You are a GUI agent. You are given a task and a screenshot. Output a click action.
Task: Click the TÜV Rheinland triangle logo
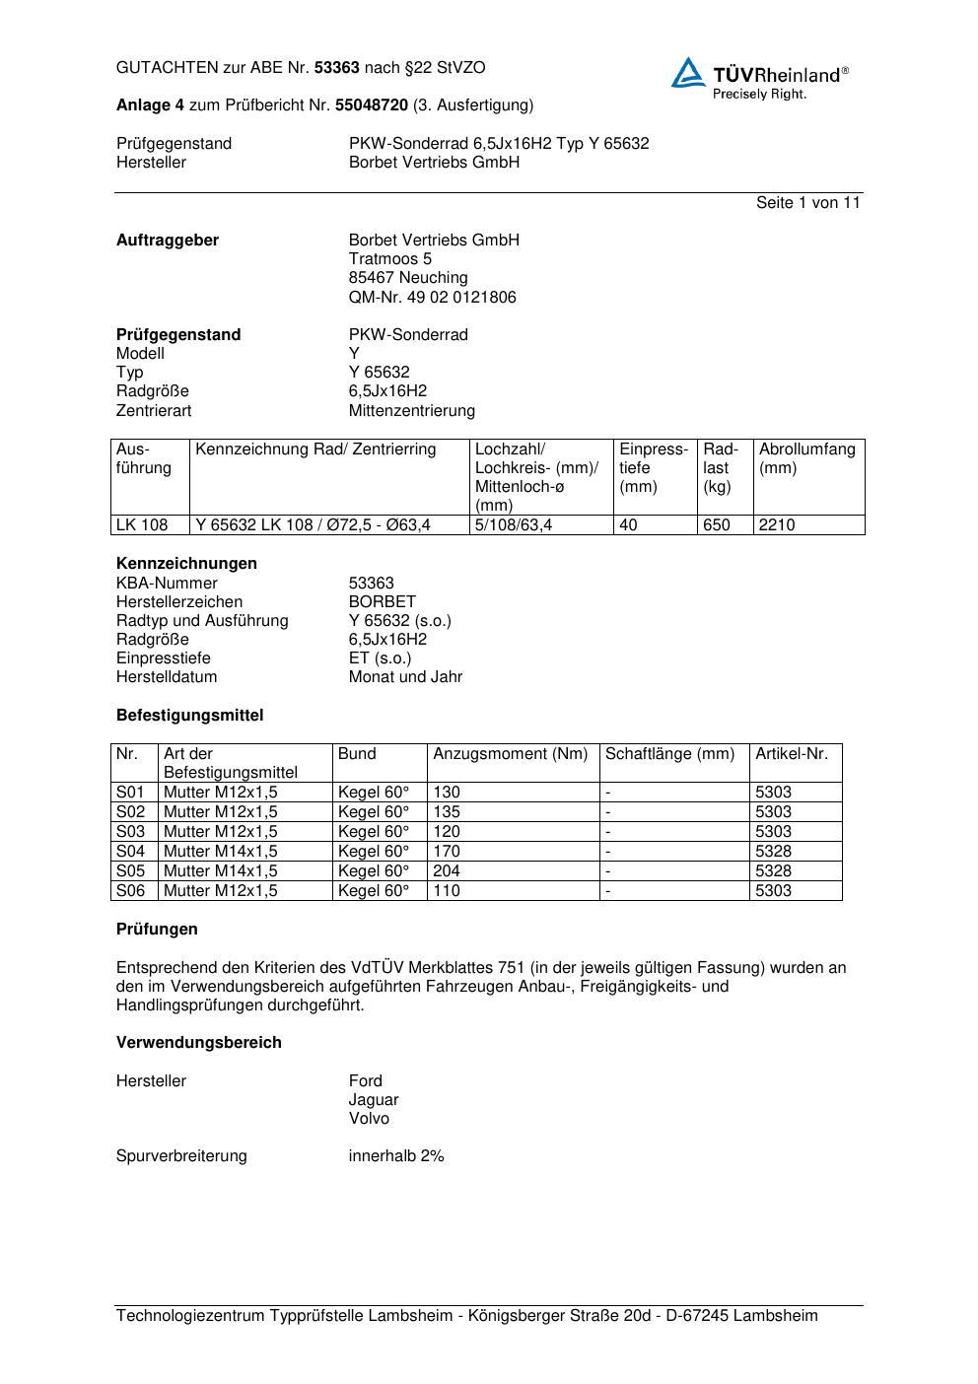tap(688, 73)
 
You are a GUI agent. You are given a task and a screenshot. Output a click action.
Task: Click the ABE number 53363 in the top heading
tap(336, 68)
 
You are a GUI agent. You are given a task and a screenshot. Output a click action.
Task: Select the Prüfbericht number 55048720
tap(372, 104)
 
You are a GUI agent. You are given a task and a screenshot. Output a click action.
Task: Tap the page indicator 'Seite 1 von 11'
tap(807, 202)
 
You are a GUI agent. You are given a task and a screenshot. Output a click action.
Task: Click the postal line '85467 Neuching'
tap(408, 278)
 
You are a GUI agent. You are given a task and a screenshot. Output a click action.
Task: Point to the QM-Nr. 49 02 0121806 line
tap(432, 297)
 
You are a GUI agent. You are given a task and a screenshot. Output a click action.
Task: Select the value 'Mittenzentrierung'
tap(411, 410)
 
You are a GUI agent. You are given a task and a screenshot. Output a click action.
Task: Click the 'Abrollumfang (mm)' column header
tap(806, 458)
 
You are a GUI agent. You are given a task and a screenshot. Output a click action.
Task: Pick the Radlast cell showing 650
tap(717, 524)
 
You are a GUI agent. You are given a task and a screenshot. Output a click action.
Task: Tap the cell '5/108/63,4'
tap(514, 524)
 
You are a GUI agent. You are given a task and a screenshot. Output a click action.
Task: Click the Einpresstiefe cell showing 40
tap(628, 524)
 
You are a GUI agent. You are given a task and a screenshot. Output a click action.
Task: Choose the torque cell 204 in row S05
tap(447, 870)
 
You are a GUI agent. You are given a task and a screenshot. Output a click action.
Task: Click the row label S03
tap(130, 831)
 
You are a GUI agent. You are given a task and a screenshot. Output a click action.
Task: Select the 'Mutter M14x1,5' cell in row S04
tap(220, 851)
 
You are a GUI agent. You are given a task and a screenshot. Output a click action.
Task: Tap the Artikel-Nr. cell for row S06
tap(773, 890)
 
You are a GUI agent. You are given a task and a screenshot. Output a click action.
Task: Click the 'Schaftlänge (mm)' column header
tap(669, 754)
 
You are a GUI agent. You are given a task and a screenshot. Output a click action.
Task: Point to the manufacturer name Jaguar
tap(374, 1099)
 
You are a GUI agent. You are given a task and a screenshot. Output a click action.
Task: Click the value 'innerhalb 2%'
tap(396, 1155)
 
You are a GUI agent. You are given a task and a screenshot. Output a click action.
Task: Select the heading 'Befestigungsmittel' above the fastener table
tap(189, 715)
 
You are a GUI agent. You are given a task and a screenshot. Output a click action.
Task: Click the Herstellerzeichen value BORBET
tap(383, 601)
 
